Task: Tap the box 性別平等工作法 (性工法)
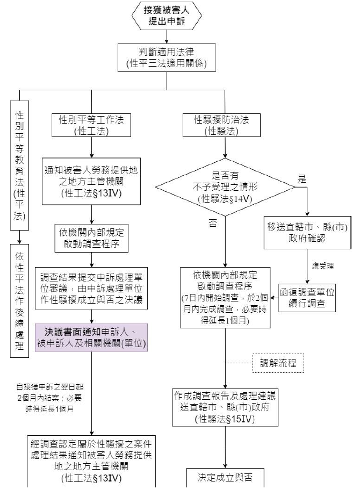(x=92, y=124)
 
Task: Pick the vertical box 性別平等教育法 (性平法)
(x=20, y=161)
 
